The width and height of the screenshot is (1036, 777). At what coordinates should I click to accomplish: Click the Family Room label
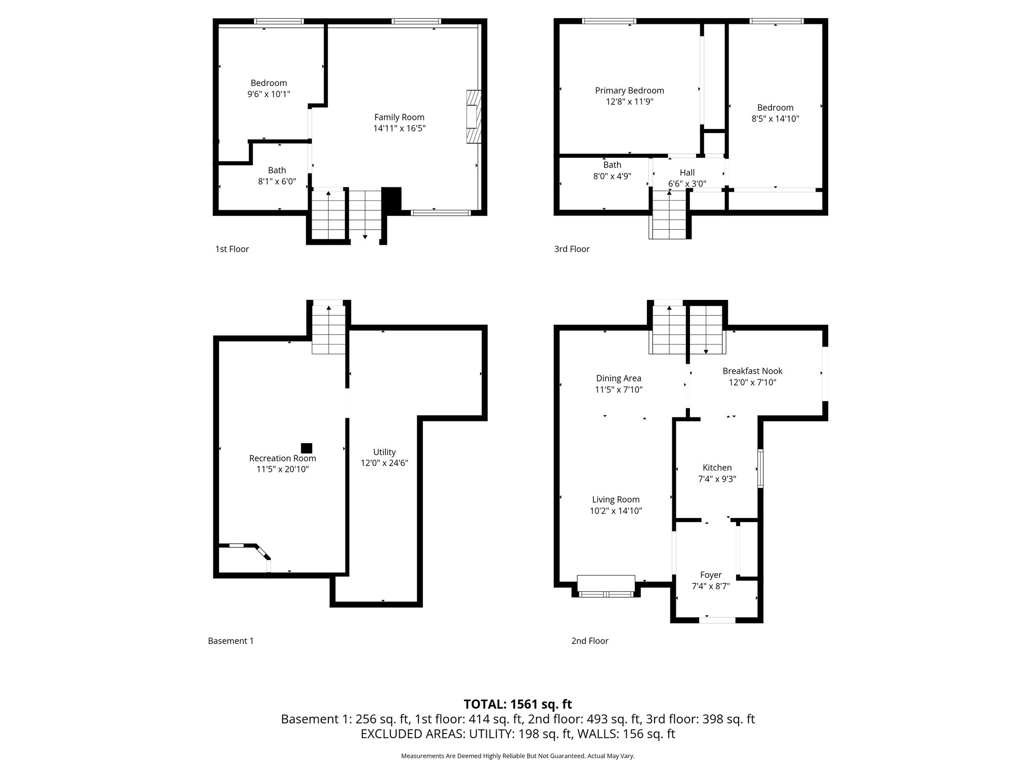point(399,117)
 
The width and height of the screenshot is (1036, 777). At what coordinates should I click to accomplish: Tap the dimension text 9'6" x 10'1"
point(269,94)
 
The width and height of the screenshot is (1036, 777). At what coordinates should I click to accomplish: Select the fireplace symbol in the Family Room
point(473,117)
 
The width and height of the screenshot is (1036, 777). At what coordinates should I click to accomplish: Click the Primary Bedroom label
point(629,91)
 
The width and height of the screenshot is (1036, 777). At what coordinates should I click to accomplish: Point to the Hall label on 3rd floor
point(687,172)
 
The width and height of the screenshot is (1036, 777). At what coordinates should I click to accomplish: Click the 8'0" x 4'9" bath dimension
point(612,176)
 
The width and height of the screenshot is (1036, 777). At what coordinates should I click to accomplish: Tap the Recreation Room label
point(282,458)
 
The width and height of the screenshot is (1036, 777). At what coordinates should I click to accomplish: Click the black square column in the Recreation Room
point(307,448)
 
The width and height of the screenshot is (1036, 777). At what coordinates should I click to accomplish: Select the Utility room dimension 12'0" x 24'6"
point(384,463)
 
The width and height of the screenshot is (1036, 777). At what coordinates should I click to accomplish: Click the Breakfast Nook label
point(752,371)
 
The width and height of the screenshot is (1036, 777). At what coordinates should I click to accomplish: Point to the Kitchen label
point(717,468)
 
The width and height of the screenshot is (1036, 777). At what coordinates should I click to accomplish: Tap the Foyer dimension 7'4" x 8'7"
point(710,586)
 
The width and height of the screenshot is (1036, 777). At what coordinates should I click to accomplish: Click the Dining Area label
point(618,378)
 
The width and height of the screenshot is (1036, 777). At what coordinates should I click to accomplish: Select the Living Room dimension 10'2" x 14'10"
point(616,511)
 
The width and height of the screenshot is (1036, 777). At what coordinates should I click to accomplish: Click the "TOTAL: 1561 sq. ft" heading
point(517,704)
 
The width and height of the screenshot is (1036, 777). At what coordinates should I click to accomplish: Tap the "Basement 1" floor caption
point(231,641)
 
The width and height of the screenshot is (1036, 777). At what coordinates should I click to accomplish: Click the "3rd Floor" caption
point(572,249)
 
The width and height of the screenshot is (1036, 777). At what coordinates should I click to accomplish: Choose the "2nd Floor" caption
point(590,641)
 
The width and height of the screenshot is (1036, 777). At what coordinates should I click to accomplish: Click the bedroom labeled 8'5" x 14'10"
point(775,113)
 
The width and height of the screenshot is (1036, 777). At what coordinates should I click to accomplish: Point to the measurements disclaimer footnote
point(517,756)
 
